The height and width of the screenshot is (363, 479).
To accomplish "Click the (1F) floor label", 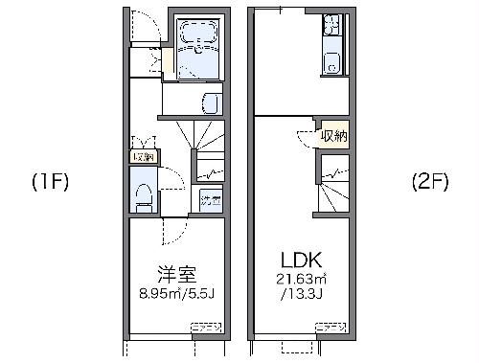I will coord(49,180).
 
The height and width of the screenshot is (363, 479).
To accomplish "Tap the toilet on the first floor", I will coord(145,197).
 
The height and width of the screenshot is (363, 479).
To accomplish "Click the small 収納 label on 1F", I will coord(143,156).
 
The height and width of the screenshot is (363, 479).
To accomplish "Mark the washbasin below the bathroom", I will coord(211,102).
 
